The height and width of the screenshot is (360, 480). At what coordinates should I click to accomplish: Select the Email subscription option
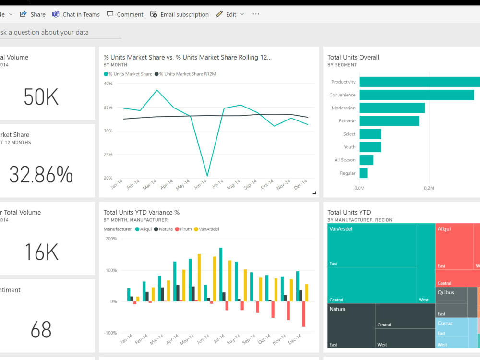(x=180, y=14)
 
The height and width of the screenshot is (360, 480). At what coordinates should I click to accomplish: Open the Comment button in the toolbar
(x=125, y=14)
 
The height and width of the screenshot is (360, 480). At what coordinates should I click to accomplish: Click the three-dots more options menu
(x=256, y=14)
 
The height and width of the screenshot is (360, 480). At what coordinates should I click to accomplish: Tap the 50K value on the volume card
(x=41, y=97)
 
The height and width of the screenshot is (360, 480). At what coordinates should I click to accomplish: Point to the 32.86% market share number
(x=41, y=175)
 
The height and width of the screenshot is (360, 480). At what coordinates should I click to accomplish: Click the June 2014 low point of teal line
(x=207, y=176)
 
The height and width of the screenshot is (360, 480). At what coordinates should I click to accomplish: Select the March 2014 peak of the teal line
(x=157, y=90)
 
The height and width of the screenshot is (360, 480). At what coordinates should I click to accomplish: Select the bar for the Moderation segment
(x=392, y=108)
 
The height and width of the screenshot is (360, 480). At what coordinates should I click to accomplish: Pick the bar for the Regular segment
(x=363, y=173)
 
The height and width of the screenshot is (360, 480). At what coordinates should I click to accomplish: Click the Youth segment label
(x=349, y=147)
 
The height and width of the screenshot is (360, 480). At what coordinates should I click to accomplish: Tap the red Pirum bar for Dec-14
(x=304, y=314)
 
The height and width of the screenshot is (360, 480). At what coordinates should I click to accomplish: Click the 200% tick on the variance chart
(x=111, y=239)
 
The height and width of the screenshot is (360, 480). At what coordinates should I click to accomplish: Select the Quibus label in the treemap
(x=445, y=292)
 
